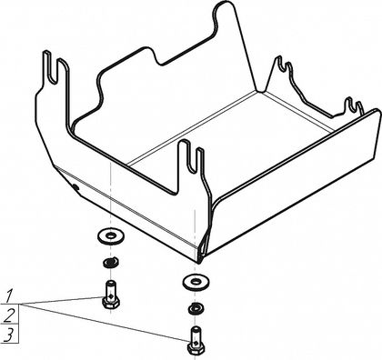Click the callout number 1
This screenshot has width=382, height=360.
tap(9, 296)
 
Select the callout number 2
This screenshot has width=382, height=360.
tap(9, 315)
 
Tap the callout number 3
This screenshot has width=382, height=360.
tap(9, 335)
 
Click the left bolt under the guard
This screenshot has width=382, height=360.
tap(111, 295)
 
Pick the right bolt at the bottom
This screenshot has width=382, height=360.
tap(196, 340)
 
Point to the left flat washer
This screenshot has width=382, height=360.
tap(111, 236)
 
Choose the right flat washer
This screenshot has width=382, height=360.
tap(196, 283)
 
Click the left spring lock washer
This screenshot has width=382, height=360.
tap(111, 262)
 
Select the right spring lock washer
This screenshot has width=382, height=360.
tap(196, 307)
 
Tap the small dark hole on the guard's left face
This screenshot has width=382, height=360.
tap(75, 187)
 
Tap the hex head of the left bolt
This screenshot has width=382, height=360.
tap(111, 303)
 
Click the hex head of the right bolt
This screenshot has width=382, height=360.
tap(196, 348)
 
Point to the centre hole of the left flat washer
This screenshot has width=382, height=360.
tap(111, 235)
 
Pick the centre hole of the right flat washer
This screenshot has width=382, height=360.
tap(196, 282)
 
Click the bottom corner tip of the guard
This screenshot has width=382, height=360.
tap(198, 263)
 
